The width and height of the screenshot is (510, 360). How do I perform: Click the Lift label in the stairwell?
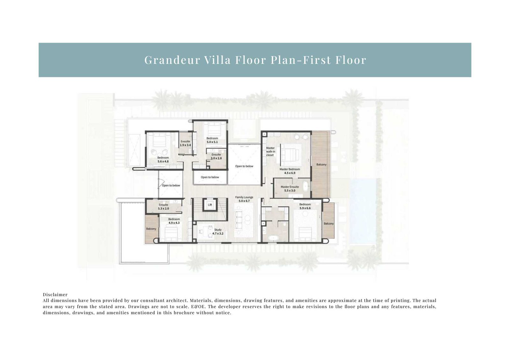pyautogui.click(x=210, y=205)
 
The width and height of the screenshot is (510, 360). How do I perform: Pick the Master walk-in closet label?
pyautogui.click(x=271, y=152)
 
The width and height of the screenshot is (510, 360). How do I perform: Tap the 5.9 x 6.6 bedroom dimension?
pyautogui.click(x=305, y=208)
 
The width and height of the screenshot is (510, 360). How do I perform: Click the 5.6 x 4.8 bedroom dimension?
pyautogui.click(x=163, y=161)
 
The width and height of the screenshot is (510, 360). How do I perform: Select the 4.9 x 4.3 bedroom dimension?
pyautogui.click(x=174, y=223)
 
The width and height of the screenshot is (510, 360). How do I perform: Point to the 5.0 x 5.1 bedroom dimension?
pyautogui.click(x=212, y=142)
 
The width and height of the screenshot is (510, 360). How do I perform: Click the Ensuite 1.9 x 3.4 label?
pyautogui.click(x=185, y=143)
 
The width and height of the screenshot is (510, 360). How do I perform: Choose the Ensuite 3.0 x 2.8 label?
pyautogui.click(x=216, y=156)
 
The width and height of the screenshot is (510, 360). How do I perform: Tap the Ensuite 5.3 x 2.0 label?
pyautogui.click(x=164, y=207)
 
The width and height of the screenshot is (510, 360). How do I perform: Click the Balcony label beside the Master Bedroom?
pyautogui.click(x=321, y=165)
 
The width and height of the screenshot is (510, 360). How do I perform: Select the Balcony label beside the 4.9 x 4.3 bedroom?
pyautogui.click(x=151, y=229)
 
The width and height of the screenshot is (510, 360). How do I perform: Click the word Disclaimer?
pyautogui.click(x=55, y=294)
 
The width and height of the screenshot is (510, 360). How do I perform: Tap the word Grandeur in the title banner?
pyautogui.click(x=172, y=60)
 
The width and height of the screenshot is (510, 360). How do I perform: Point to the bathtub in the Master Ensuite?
pyautogui.click(x=306, y=186)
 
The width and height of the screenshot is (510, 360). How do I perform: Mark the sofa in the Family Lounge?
pyautogui.click(x=239, y=220)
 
